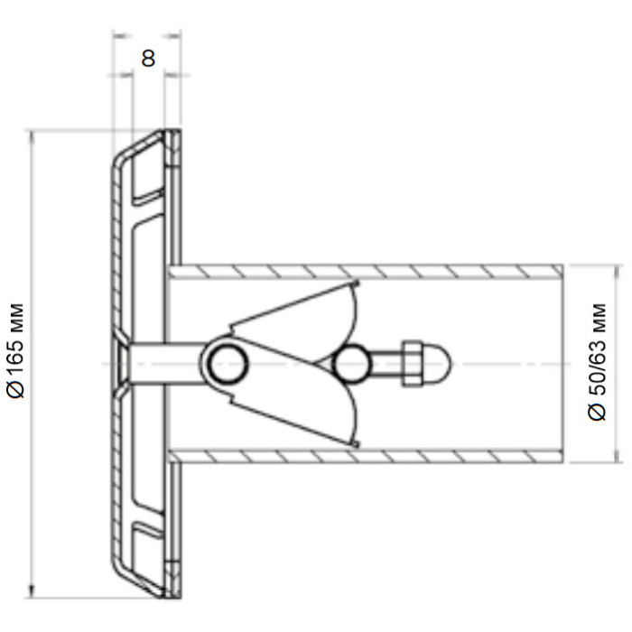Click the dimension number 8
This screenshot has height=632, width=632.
[x=148, y=59]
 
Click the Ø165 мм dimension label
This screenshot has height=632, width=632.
[x=16, y=350]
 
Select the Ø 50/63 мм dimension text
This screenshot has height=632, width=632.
[x=598, y=362]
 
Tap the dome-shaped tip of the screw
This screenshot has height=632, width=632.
[x=438, y=364]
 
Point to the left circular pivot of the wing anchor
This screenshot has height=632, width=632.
[x=228, y=365]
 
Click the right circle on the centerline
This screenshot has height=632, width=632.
[x=350, y=365]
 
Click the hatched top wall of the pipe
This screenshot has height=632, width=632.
[x=365, y=272]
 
